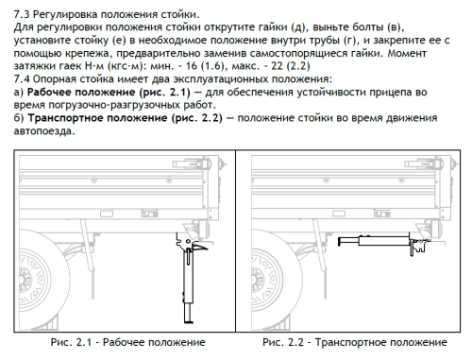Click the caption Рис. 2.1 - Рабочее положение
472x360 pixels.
click(x=127, y=341)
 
